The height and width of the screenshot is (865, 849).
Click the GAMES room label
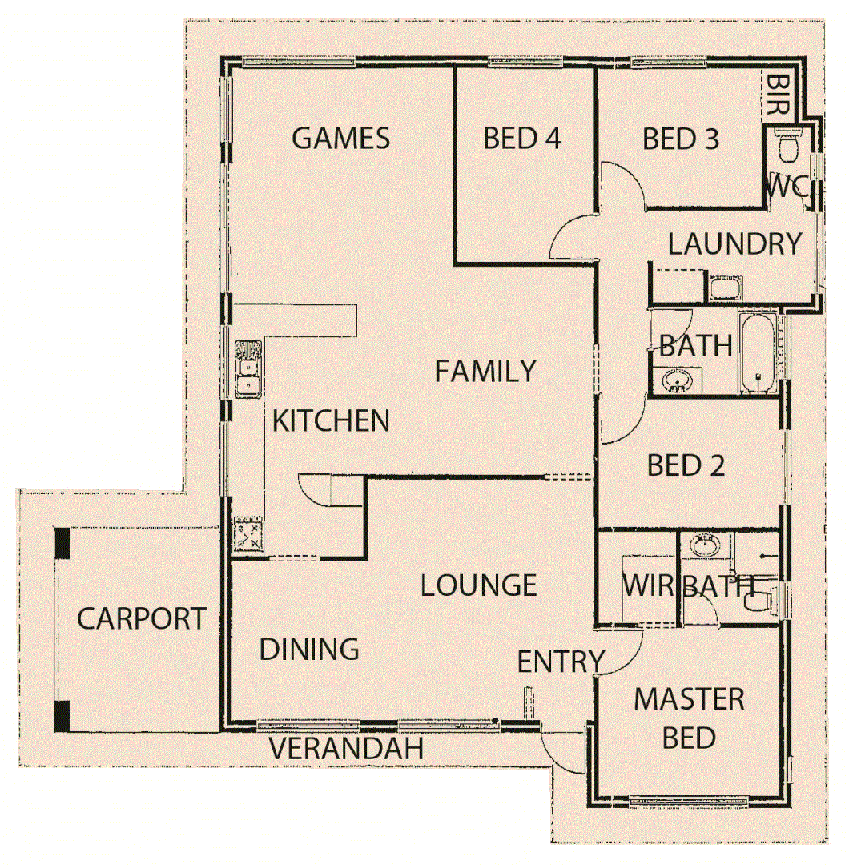coord(340,139)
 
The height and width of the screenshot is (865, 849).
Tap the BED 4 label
coord(522,139)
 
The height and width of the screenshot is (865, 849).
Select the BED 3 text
coord(681,139)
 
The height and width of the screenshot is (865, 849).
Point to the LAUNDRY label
coord(734,244)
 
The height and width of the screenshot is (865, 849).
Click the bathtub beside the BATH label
coord(758,355)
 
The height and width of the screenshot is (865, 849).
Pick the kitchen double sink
coord(247,368)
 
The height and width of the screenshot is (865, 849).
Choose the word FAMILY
coord(485,372)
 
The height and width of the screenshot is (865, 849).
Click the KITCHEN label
coord(331,420)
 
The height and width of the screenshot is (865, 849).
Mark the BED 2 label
coord(686,465)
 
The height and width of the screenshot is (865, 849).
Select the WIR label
coord(649,585)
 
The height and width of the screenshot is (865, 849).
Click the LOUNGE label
coord(478,585)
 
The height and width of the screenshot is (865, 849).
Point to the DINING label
coord(308,649)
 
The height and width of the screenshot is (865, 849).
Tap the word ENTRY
coord(560,662)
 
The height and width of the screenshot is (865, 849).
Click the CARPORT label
coord(141,619)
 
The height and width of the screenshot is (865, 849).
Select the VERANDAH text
coord(345,750)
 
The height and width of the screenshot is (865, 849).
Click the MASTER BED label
coord(689,718)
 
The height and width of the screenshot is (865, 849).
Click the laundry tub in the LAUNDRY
coord(725,288)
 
